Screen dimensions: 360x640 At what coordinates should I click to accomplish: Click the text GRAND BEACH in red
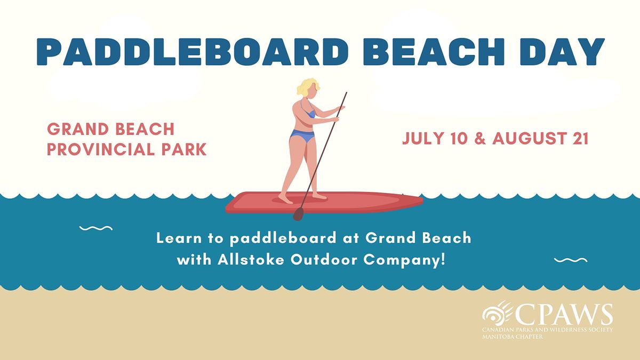coord(111,129)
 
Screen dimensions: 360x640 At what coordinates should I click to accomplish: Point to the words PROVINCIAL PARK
coord(126,149)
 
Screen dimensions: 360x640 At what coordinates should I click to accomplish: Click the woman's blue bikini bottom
coord(302,138)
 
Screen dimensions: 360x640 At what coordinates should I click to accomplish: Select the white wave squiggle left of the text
coord(95,228)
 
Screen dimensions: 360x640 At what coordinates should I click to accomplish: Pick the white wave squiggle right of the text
coord(571,260)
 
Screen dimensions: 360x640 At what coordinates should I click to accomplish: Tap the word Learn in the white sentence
coord(177,238)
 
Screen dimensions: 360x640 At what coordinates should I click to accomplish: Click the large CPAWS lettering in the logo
coord(567,315)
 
